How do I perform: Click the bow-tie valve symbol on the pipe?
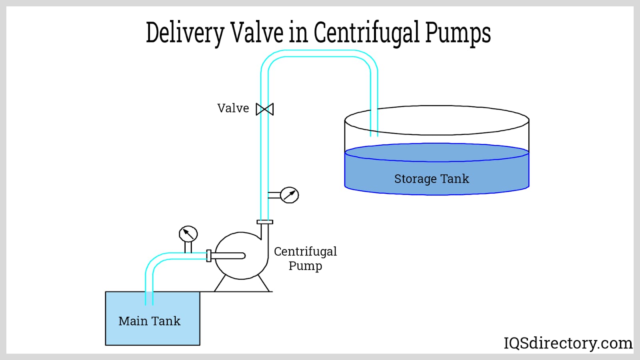(265, 109)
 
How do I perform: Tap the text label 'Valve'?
(233, 108)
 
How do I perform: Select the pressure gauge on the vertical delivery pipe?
(289, 195)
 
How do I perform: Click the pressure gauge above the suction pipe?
(188, 234)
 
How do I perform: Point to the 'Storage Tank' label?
(432, 179)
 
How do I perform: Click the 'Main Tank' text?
(149, 321)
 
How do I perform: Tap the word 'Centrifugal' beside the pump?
(305, 252)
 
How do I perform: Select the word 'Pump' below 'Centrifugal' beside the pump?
(305, 266)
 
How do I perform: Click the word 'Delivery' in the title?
(185, 33)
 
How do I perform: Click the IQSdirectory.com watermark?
(568, 343)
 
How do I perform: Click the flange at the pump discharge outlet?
(265, 222)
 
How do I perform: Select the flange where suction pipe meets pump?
(209, 256)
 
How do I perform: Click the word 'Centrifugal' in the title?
(366, 33)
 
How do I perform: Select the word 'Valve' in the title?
(256, 33)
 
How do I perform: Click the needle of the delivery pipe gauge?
(290, 195)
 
